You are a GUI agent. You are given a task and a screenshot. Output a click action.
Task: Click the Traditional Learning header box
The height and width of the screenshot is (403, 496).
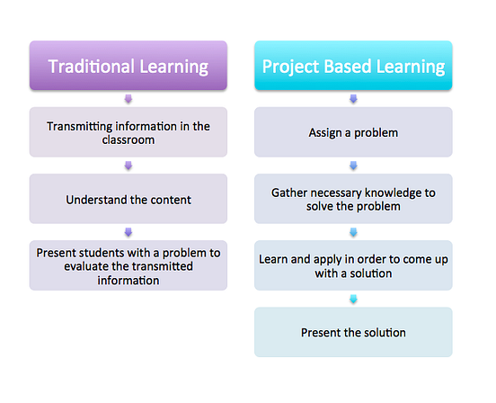(x=128, y=66)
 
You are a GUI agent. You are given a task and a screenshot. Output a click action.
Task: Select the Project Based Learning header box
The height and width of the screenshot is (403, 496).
(x=352, y=66)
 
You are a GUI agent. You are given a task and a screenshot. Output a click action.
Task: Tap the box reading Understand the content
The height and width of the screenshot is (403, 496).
(x=128, y=199)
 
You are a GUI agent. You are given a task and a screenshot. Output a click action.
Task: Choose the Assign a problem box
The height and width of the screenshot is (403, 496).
(x=352, y=132)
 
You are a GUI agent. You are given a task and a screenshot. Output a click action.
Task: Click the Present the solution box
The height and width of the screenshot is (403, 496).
(x=352, y=332)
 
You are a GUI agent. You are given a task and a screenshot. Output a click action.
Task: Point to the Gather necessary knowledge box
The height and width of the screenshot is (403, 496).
(x=352, y=199)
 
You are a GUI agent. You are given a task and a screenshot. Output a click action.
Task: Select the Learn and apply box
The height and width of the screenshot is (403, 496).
(x=352, y=265)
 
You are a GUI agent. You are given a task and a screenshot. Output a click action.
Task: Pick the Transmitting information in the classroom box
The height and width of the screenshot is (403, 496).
(x=128, y=132)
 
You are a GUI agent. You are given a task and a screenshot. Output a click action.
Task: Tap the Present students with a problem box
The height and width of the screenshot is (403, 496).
(x=128, y=265)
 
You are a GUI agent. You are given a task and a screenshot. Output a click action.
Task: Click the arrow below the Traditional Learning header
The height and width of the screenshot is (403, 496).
(x=128, y=99)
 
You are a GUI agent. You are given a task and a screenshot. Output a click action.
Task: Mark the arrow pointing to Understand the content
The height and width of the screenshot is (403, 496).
(x=128, y=166)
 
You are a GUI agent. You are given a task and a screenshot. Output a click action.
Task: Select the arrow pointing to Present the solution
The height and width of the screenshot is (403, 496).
(x=352, y=299)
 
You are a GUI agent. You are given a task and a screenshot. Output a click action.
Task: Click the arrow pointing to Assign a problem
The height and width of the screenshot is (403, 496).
(x=352, y=99)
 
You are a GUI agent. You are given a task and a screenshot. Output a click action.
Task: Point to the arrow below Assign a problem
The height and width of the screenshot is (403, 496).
(x=352, y=166)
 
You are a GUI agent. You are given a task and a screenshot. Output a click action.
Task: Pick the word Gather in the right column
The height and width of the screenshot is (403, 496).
(x=291, y=192)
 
